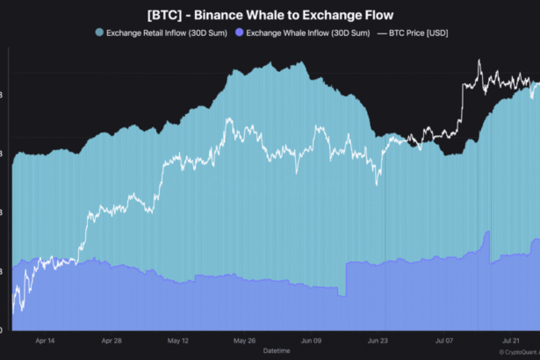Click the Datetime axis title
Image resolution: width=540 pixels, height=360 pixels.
[x=277, y=350]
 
